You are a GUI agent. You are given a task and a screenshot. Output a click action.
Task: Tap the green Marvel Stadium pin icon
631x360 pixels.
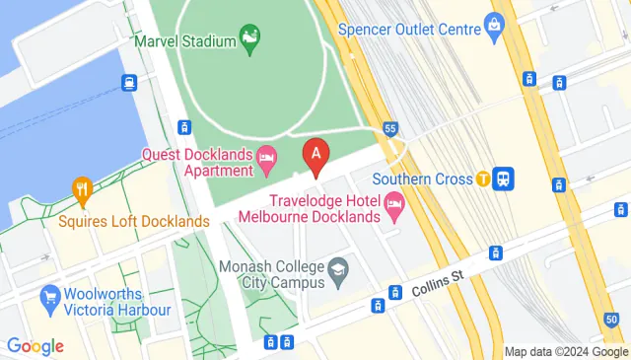[x=250, y=39]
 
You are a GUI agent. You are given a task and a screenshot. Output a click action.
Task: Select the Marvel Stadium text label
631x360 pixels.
[x=186, y=41]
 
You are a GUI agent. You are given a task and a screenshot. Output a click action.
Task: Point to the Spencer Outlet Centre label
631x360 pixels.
[x=409, y=30]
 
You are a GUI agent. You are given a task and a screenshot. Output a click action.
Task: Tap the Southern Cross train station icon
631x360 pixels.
[x=505, y=179]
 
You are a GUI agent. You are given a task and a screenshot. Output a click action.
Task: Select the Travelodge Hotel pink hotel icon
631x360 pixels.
[x=394, y=208]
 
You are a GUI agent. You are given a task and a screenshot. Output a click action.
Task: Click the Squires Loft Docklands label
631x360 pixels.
[x=133, y=221]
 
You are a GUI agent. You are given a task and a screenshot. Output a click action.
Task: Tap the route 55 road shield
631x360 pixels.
[x=391, y=128]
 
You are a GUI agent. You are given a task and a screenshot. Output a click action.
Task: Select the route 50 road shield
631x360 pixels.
[x=613, y=318]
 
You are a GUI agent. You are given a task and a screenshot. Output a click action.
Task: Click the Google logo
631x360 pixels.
[x=35, y=346]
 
